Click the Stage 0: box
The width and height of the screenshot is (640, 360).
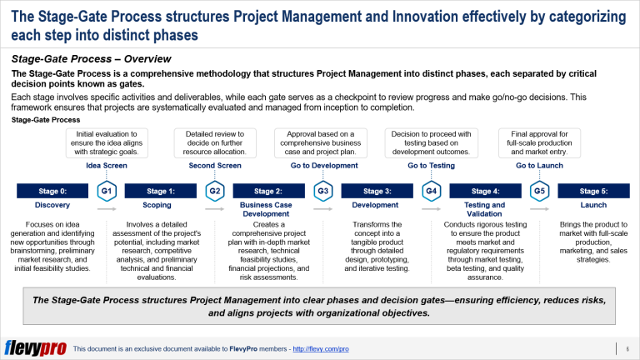click(x=52, y=191)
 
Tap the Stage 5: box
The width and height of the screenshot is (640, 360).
click(x=593, y=191)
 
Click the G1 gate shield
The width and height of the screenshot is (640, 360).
click(x=107, y=191)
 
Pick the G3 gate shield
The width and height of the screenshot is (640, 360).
click(x=322, y=191)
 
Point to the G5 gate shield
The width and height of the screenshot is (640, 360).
click(x=539, y=191)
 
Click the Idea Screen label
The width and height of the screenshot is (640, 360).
click(x=107, y=166)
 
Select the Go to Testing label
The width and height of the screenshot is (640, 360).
click(x=431, y=166)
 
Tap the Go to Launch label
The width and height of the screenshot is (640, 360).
click(x=539, y=166)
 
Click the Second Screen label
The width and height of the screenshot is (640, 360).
click(x=214, y=166)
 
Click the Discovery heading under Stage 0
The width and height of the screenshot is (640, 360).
click(x=52, y=205)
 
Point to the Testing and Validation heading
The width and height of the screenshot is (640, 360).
click(x=485, y=209)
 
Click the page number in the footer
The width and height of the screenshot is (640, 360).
click(x=626, y=347)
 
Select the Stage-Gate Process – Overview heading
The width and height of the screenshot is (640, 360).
click(x=91, y=59)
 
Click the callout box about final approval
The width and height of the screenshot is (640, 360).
click(x=539, y=142)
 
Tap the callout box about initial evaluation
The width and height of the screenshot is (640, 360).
click(x=107, y=142)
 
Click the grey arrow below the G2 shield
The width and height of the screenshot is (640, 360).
click(x=214, y=210)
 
